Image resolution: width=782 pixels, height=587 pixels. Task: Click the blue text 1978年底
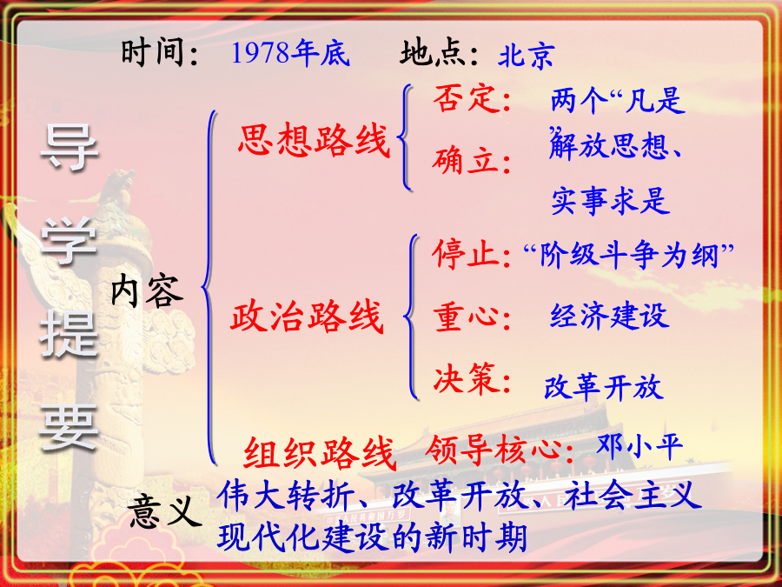tap(290, 52)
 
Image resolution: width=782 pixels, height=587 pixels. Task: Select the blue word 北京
tap(527, 55)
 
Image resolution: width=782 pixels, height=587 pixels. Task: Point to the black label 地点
tap(431, 52)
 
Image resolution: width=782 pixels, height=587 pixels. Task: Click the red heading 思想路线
tap(314, 140)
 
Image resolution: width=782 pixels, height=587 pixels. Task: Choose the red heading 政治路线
tap(307, 317)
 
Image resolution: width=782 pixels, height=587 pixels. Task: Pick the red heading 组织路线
tap(320, 453)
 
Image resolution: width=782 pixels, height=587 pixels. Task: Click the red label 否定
tap(466, 97)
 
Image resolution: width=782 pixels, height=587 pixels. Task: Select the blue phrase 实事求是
tap(611, 200)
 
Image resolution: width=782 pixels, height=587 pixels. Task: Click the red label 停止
tap(466, 254)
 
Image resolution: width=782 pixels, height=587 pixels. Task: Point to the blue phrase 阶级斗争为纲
tap(629, 255)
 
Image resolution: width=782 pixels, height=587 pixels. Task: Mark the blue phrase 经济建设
tap(609, 316)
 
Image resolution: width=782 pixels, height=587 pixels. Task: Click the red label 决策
tap(465, 378)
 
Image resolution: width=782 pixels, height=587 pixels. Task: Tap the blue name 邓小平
tap(640, 446)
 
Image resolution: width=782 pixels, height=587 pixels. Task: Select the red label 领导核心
tap(494, 449)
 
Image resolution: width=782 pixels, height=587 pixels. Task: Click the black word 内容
tap(147, 291)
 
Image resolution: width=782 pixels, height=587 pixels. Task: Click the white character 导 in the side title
tap(69, 147)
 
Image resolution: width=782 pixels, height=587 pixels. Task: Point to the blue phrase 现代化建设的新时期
tap(372, 537)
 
